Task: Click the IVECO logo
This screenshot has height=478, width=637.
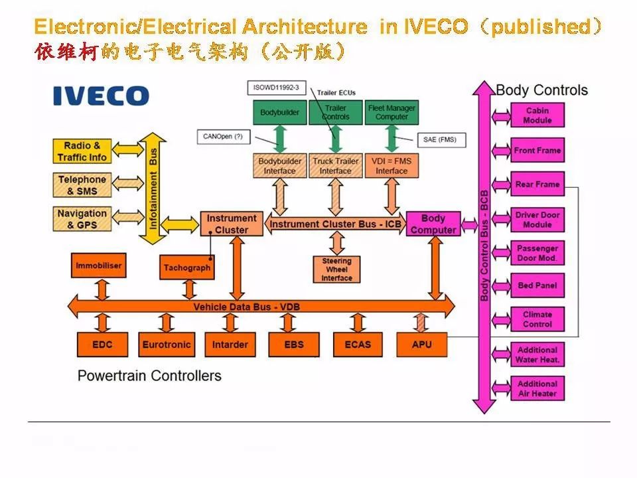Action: [101, 96]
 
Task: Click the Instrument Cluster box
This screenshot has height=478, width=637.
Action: [231, 224]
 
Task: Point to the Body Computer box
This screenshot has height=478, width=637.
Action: [433, 224]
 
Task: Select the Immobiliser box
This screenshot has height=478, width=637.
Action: [98, 266]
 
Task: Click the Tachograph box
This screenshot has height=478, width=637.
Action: [187, 268]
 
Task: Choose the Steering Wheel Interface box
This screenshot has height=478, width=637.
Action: [336, 269]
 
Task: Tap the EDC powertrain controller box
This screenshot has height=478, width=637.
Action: [102, 345]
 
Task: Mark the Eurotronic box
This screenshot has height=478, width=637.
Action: [166, 345]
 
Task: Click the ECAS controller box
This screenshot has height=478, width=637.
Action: [358, 345]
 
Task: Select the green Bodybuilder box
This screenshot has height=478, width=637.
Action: [279, 113]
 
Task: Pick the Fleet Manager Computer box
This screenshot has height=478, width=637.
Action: [391, 112]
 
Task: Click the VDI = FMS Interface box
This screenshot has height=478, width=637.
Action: [391, 166]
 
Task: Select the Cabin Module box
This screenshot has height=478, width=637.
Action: [537, 116]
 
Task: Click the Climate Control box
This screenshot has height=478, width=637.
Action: [537, 319]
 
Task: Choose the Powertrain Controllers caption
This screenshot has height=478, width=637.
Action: [149, 376]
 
